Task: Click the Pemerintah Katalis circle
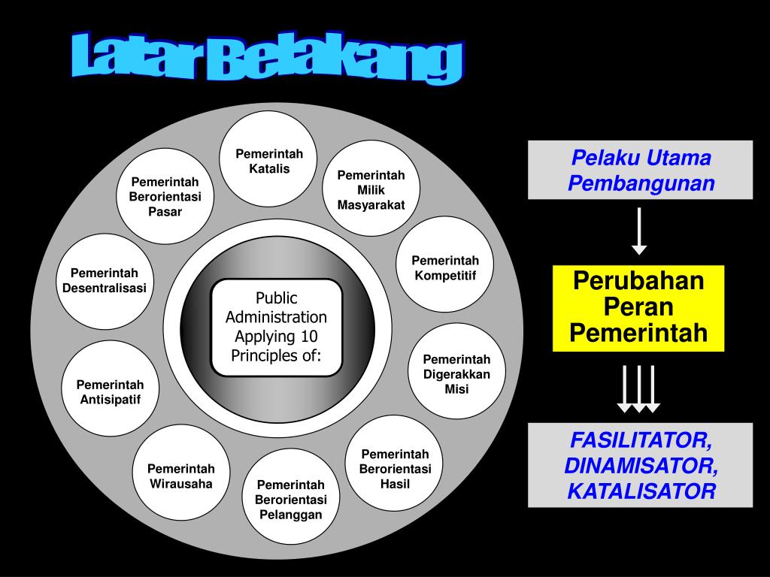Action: [269, 161]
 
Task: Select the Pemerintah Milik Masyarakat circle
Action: [371, 189]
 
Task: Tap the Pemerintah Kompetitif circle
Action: [445, 267]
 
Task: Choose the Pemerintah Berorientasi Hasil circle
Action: [395, 468]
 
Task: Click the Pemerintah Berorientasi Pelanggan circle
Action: [290, 499]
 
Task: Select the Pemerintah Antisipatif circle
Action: [110, 391]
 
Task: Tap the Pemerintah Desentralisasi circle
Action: [105, 280]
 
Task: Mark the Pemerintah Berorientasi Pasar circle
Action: [165, 196]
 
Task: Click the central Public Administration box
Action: [276, 327]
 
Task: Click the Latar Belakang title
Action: [267, 61]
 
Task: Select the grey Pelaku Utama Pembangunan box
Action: [640, 170]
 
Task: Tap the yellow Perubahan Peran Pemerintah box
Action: [638, 307]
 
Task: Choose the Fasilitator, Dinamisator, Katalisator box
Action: [640, 465]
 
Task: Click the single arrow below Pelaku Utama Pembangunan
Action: [639, 231]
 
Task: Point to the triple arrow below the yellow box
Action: [638, 388]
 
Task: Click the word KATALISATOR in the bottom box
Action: [641, 491]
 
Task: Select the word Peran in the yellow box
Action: [638, 307]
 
